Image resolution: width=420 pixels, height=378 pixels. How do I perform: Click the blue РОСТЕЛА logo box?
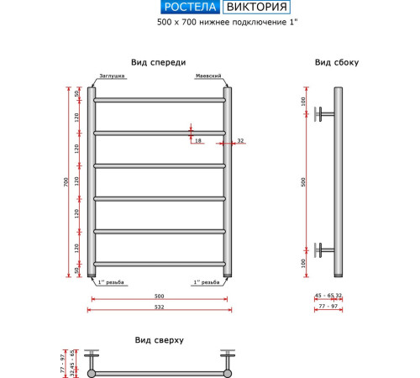click(190, 7)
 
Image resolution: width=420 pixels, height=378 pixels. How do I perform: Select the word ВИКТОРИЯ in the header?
click(256, 7)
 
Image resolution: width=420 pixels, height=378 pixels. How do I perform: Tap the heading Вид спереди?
click(159, 62)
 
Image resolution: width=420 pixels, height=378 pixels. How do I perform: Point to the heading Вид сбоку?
click(337, 62)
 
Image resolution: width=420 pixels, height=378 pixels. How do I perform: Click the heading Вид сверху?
click(160, 340)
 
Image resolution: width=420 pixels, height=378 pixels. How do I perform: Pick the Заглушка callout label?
click(112, 76)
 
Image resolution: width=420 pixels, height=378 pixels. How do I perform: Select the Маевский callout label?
click(208, 76)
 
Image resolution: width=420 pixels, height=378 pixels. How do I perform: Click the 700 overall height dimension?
click(66, 182)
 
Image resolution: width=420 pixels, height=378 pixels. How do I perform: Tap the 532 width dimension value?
click(160, 307)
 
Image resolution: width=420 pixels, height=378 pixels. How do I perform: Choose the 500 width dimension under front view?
click(160, 297)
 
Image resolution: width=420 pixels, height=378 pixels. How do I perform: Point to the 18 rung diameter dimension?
click(198, 140)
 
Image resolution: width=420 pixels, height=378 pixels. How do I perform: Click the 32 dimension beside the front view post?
click(240, 140)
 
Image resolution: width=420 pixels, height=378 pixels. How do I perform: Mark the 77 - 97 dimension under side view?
click(328, 307)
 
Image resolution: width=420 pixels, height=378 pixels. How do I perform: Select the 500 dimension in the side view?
click(303, 182)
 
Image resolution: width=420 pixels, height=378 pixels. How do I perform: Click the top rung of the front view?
click(160, 100)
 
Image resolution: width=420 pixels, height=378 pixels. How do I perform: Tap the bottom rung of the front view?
click(160, 264)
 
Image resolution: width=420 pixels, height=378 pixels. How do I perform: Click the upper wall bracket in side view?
click(324, 114)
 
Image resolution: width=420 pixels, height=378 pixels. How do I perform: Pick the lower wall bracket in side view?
click(324, 250)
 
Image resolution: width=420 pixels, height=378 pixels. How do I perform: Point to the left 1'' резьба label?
click(111, 282)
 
